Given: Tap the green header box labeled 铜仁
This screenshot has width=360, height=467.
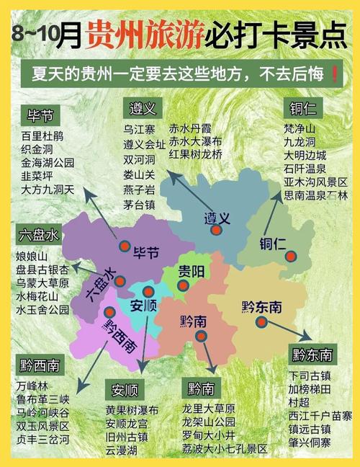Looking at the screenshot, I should (x=302, y=109).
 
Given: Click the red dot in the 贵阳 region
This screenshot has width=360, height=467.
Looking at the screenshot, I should (x=184, y=285).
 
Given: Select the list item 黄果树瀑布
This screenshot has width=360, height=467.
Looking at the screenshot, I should (x=132, y=410).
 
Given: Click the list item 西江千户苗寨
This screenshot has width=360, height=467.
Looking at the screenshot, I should (x=320, y=415).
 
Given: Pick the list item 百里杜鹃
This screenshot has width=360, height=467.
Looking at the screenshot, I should (x=42, y=135).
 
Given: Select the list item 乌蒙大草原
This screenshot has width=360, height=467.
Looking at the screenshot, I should (x=42, y=283).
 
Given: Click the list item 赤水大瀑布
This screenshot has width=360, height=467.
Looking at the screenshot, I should (x=195, y=141).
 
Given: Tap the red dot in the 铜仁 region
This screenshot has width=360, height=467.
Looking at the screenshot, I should (x=291, y=256).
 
